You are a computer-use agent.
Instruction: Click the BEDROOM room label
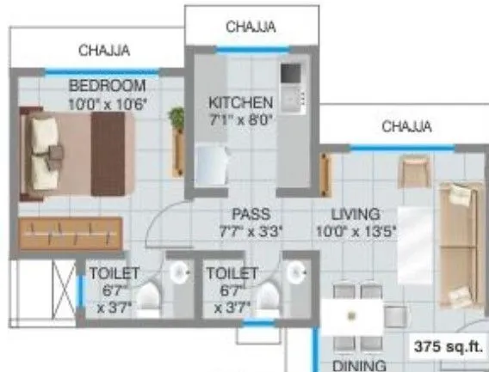(107, 86)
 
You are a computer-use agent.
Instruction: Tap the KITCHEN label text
(240, 103)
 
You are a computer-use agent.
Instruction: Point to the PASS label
(251, 213)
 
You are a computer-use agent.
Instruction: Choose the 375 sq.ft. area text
(448, 347)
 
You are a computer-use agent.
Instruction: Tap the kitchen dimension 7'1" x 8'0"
(240, 120)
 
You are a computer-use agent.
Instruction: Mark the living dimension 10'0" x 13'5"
(357, 230)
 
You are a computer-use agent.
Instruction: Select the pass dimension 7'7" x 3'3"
(251, 230)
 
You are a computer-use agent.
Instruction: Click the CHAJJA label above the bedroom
(104, 51)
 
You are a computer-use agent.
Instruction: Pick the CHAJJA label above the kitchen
(251, 27)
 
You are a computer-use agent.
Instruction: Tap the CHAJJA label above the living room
(406, 127)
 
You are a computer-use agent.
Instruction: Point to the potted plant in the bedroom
(178, 120)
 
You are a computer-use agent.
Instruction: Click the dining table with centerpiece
(351, 316)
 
